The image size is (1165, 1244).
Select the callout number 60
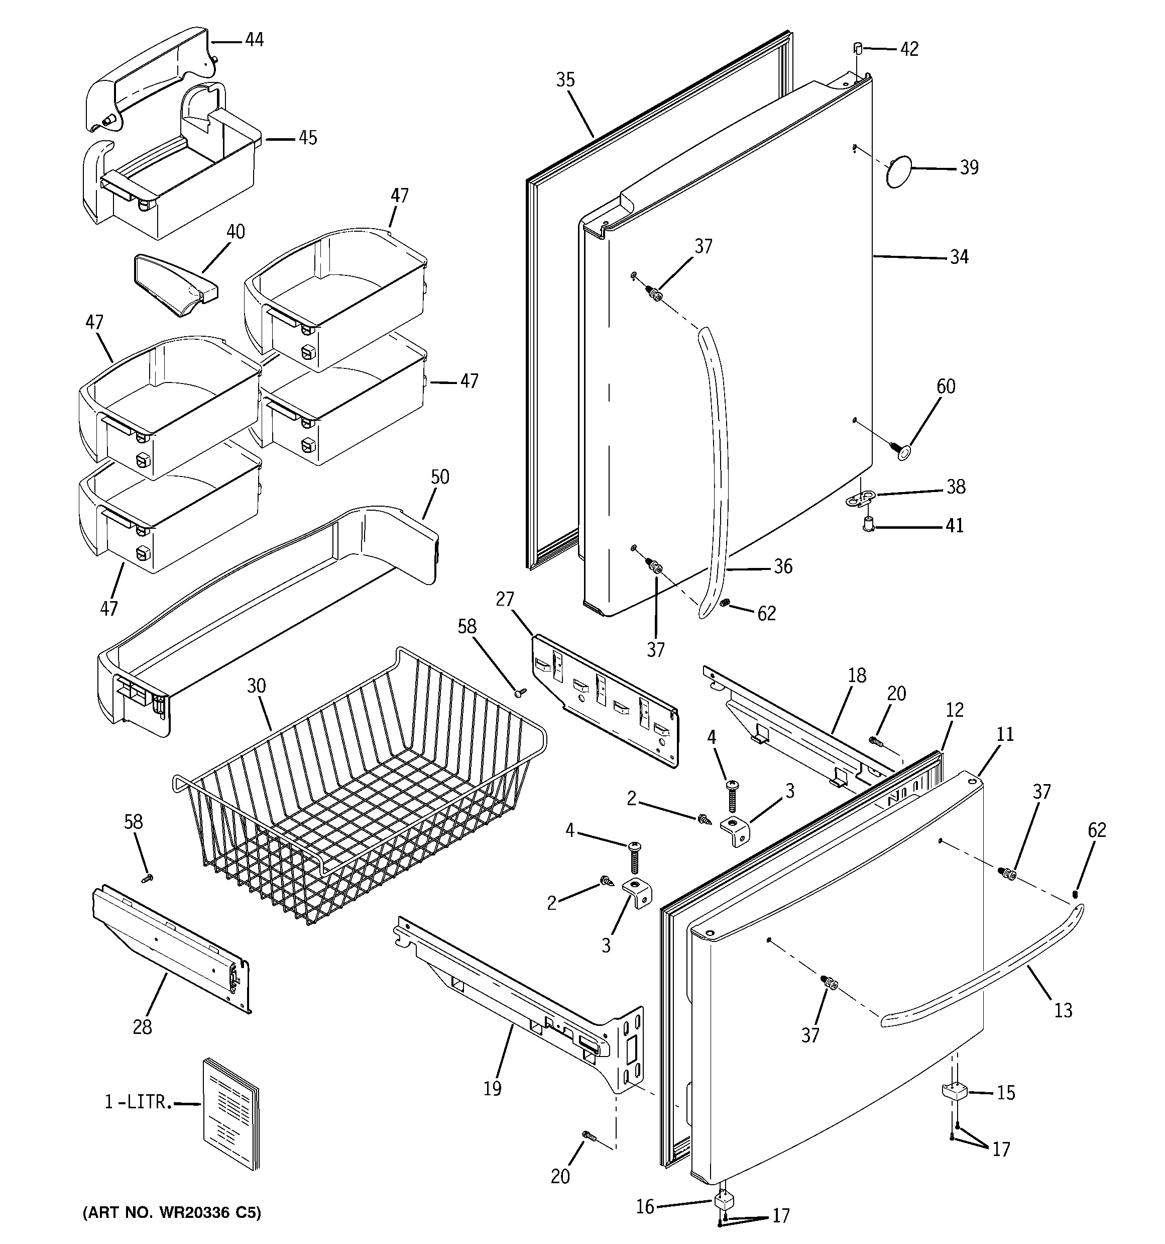click(x=946, y=386)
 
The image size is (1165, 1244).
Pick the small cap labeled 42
click(x=858, y=48)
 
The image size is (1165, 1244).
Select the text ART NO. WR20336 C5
click(x=172, y=1213)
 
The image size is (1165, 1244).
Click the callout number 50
click(x=439, y=477)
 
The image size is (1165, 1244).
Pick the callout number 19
click(x=492, y=1089)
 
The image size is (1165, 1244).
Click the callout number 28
click(x=142, y=1027)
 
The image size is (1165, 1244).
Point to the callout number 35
click(x=565, y=79)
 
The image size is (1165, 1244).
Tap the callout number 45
click(x=307, y=138)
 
